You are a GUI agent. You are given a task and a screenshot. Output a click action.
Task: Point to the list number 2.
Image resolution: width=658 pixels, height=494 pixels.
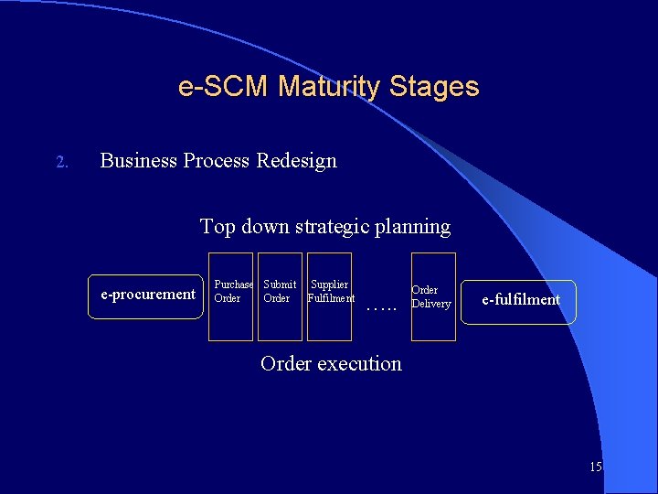pos(62,163)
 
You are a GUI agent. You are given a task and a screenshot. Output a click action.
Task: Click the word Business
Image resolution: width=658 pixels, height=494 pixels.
pos(138,161)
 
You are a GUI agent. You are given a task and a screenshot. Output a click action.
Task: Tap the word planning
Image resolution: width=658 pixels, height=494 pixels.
pos(417,226)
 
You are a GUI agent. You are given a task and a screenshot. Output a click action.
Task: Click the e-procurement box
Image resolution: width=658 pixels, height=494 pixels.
pos(147,295)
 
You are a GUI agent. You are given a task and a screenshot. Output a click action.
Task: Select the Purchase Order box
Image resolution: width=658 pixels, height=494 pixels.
pos(230,296)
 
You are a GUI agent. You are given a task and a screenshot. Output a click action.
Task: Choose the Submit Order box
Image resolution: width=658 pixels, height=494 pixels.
pos(280,296)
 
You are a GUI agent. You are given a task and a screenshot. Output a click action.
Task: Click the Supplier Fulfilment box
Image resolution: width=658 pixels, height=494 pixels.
pos(329,296)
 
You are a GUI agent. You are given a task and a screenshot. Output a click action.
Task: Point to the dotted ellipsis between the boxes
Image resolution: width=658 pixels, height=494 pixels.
pos(381,309)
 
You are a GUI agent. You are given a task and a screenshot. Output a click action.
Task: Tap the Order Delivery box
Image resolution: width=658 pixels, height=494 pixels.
pos(433,296)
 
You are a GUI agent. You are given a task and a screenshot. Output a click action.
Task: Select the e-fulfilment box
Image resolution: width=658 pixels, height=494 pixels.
pos(520,301)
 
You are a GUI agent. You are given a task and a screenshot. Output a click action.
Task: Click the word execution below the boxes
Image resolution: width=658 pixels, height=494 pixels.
pos(359,363)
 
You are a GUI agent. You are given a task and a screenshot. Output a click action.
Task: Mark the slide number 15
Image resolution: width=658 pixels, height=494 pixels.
pos(596,467)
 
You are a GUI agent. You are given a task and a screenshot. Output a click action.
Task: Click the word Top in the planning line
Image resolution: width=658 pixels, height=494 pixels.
pos(218,226)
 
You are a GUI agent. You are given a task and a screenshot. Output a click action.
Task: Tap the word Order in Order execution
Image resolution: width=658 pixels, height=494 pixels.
pos(285,363)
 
